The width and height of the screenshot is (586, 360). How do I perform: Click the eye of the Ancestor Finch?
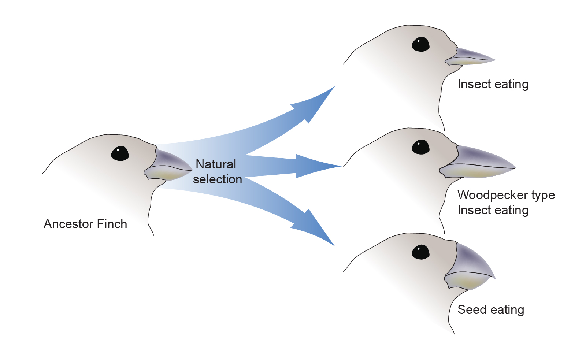120,153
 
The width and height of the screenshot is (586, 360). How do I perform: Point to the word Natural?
216,164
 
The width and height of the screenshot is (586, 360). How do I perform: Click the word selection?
218,179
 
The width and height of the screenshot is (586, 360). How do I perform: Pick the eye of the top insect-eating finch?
420,44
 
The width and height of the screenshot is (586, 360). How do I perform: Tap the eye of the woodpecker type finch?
420,147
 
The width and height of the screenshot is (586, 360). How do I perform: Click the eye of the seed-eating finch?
420,252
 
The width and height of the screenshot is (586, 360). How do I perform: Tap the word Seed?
471,310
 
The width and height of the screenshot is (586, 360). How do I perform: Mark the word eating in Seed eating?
507,310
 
